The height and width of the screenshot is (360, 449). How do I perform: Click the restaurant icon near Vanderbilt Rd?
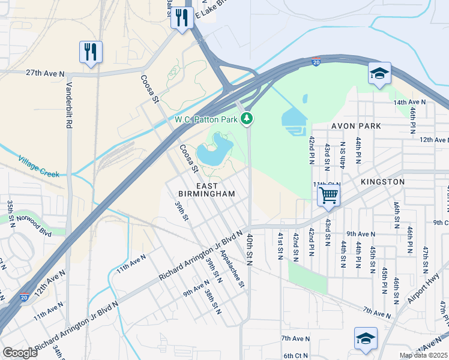pos(91,52)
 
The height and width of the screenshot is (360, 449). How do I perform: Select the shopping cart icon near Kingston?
pos(328,195)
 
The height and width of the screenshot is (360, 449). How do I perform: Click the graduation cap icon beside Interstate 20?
pos(379,74)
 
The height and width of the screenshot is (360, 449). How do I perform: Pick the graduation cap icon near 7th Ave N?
pos(365,338)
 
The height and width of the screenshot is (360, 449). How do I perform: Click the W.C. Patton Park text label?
pos(206,119)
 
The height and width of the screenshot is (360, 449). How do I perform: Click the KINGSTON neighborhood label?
pos(382,181)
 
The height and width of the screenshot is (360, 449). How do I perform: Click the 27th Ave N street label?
pos(45,73)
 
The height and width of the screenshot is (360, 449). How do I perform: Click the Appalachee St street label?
pos(231,269)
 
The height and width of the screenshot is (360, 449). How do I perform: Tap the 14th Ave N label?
pos(409,103)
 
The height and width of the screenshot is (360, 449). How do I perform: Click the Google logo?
pos(20,353)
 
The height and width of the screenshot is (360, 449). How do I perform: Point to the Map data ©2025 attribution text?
pos(423,355)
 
